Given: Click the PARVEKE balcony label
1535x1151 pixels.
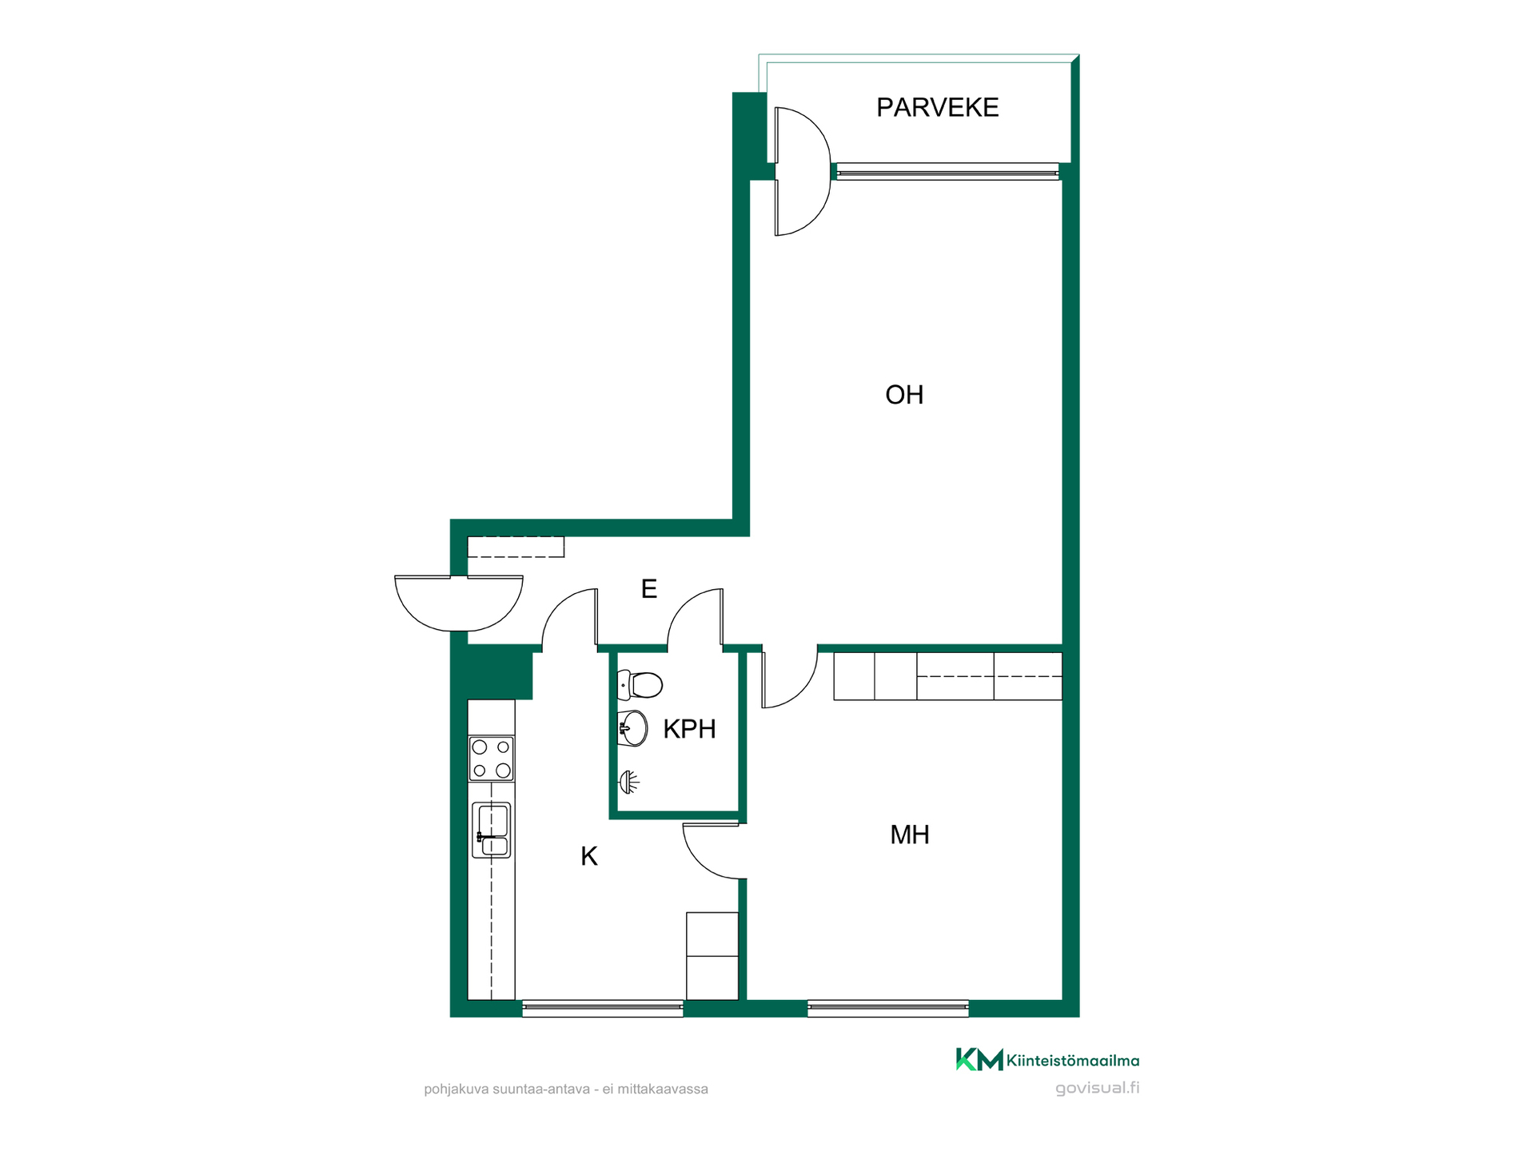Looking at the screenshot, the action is pyautogui.click(x=937, y=107).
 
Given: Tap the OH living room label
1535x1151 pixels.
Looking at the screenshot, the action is pyautogui.click(x=904, y=395).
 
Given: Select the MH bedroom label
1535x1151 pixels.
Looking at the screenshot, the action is pyautogui.click(x=910, y=834).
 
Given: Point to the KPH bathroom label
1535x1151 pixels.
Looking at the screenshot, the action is pyautogui.click(x=689, y=729).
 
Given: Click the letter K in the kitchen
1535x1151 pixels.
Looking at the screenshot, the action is pyautogui.click(x=589, y=856).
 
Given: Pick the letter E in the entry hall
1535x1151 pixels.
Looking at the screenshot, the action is pyautogui.click(x=649, y=589).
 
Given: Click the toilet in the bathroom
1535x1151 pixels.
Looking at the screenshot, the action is pyautogui.click(x=640, y=685).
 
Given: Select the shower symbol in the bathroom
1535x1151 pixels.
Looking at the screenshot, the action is pyautogui.click(x=629, y=782).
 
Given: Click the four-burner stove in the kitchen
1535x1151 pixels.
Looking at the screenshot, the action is pyautogui.click(x=491, y=759).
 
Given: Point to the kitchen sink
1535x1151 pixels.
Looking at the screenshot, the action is pyautogui.click(x=491, y=830).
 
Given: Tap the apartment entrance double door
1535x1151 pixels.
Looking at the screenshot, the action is pyautogui.click(x=459, y=603).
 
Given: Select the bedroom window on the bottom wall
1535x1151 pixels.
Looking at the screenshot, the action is pyautogui.click(x=888, y=1008).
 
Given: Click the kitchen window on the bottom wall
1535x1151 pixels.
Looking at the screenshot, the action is pyautogui.click(x=603, y=1008).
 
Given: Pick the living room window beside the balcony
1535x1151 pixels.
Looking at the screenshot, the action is pyautogui.click(x=947, y=171).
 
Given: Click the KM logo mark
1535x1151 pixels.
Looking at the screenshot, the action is pyautogui.click(x=979, y=1059).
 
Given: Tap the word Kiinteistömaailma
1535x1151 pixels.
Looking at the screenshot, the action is pyautogui.click(x=1073, y=1061).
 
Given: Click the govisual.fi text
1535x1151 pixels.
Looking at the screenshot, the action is pyautogui.click(x=1097, y=1088).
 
